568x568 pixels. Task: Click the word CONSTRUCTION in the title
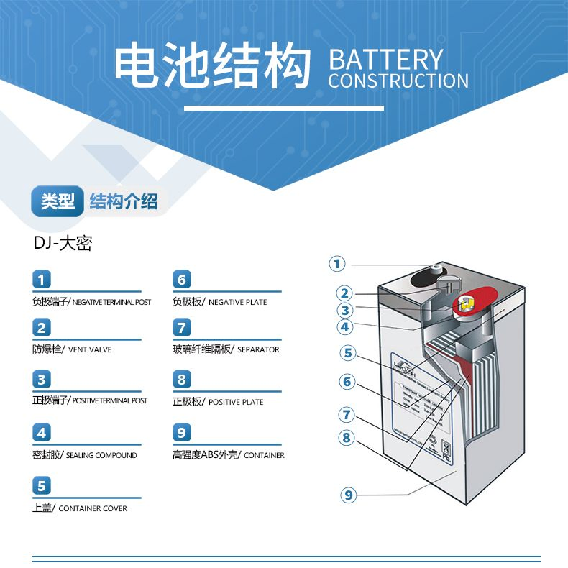[x=398, y=81]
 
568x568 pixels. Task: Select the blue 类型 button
[x=58, y=202]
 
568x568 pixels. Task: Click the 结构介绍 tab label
[x=124, y=202]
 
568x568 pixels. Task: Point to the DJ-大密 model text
[x=63, y=243]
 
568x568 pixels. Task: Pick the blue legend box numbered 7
[x=182, y=328]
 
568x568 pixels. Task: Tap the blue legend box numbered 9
[x=182, y=433]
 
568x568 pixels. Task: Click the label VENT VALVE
[x=91, y=349]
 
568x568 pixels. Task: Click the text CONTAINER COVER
[x=93, y=508]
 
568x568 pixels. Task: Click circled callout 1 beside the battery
[x=337, y=264]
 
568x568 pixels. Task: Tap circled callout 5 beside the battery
[x=348, y=353]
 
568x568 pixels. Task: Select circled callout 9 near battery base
[x=349, y=495]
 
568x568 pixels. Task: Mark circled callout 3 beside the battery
[x=346, y=311]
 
